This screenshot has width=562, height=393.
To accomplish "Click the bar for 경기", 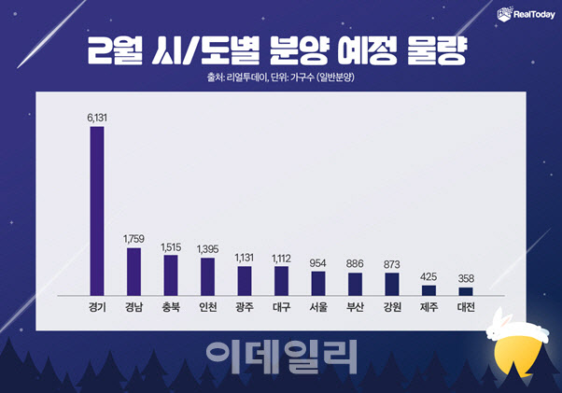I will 97,210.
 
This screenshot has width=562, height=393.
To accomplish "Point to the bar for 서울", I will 317,283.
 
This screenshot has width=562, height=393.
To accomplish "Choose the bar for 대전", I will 466,291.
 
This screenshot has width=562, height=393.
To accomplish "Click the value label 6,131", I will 97,119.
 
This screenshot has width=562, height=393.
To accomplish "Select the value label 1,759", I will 134,240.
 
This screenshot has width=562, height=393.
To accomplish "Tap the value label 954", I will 317,263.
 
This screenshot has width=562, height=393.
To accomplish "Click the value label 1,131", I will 245,259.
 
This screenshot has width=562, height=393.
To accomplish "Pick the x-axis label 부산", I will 355,307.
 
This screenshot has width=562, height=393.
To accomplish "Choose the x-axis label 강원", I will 392,307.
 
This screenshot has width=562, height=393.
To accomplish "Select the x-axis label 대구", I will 281,307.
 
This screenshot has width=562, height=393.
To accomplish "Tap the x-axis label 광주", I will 245,307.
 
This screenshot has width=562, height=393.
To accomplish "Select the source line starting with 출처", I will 280,77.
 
